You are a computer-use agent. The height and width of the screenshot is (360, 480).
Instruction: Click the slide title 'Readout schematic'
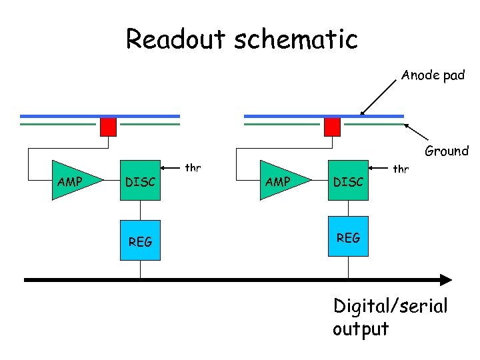(x=242, y=39)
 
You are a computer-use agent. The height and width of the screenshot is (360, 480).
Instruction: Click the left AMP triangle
(x=73, y=181)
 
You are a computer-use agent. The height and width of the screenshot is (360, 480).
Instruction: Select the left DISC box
(x=141, y=181)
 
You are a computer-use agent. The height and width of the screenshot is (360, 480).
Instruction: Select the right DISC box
(x=348, y=181)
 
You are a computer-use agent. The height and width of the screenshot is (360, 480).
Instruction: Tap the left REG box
(x=141, y=240)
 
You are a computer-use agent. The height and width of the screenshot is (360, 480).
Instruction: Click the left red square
(x=109, y=127)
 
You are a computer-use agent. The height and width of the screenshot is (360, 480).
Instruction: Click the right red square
(x=332, y=127)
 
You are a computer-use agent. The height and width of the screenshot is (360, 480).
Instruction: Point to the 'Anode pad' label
(x=433, y=75)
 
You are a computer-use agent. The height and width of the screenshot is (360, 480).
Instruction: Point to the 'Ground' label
(x=447, y=151)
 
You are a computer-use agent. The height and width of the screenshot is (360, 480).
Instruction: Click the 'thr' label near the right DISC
(x=401, y=169)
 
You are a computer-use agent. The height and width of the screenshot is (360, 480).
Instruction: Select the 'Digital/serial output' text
(x=390, y=317)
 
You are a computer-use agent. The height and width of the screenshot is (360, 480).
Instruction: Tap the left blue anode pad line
(x=100, y=116)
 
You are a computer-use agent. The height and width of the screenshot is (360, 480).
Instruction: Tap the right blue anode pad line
(x=324, y=116)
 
